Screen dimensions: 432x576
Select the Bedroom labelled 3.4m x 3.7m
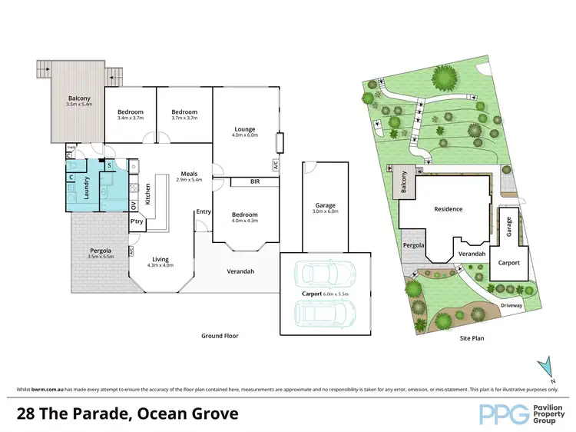click(x=130, y=112)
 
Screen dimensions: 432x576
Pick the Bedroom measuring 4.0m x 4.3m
click(x=245, y=214)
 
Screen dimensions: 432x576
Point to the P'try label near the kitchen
click(x=137, y=221)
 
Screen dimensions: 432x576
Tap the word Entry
click(x=204, y=211)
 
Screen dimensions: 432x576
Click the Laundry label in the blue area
click(x=87, y=189)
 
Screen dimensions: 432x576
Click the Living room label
click(x=161, y=260)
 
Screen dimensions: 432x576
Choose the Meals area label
click(x=190, y=173)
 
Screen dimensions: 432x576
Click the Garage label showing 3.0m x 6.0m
click(x=326, y=206)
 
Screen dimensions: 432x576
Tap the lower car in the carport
click(x=326, y=311)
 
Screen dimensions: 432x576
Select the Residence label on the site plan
click(x=449, y=209)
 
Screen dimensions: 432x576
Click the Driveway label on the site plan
click(x=511, y=305)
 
